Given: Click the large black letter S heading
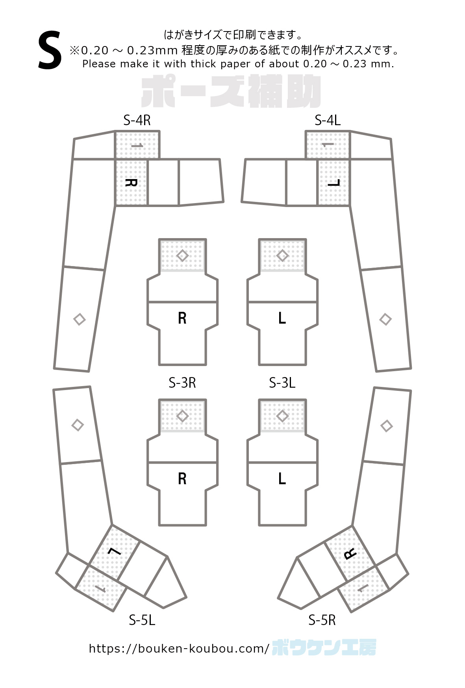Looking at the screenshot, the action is tap(50, 51).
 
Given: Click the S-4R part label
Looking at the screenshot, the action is tap(137, 120).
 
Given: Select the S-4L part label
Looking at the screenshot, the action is tap(328, 120).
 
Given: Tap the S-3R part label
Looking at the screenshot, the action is tap(182, 383).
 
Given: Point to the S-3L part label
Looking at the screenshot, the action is tap(282, 383).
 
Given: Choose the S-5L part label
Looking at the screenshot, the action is tap(142, 620).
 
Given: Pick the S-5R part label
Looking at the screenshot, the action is tap(322, 620).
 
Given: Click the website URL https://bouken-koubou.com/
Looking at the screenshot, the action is tap(179, 649).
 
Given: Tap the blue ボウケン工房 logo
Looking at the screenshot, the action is tap(324, 647).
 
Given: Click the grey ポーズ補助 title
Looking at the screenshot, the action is tap(231, 92).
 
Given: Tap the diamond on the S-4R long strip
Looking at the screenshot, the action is tap(80, 319).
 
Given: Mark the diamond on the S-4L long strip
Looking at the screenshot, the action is tap(385, 319).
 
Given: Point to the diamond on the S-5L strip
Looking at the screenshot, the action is tap(78, 425).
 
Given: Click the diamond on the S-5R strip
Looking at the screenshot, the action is tap(387, 425).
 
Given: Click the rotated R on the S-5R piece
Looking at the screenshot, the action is tap(350, 554).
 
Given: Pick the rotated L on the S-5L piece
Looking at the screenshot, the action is tap(115, 551).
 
